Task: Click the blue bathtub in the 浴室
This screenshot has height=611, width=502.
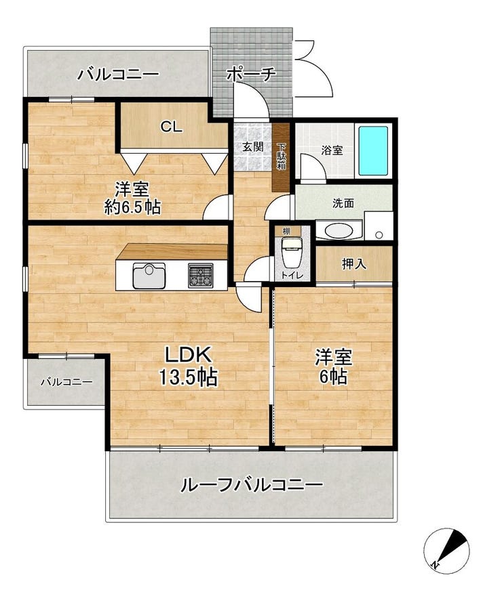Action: tap(373, 150)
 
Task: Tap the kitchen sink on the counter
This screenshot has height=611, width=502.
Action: tap(149, 276)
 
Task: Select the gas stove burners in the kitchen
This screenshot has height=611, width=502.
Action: tap(201, 276)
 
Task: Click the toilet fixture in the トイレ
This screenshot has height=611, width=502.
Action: tap(291, 253)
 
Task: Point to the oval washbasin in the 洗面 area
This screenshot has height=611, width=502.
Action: tap(339, 231)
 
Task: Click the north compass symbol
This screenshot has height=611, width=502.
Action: tap(446, 551)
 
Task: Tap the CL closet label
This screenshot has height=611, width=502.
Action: tap(172, 127)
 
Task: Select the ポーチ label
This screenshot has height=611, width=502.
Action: tap(251, 74)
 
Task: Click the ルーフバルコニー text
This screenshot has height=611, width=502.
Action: tap(252, 485)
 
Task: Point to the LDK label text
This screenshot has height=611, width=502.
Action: tap(189, 354)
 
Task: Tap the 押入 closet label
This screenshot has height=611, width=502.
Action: tap(354, 264)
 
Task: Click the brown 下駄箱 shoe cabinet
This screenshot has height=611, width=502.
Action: tap(281, 157)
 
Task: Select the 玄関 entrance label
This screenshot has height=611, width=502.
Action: tap(252, 147)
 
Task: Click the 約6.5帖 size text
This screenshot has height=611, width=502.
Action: tap(132, 207)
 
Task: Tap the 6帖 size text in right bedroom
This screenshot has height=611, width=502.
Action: tap(334, 377)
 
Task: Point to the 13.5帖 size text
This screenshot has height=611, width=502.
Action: tap(188, 377)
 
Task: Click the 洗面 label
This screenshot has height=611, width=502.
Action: tap(343, 203)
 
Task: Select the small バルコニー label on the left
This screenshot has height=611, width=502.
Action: tap(66, 382)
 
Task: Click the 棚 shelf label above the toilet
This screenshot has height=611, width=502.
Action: tap(286, 231)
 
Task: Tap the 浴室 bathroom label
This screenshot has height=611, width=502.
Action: tap(332, 150)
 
